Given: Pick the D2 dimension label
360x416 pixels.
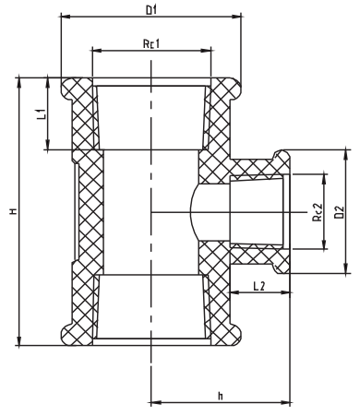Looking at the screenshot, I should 341,210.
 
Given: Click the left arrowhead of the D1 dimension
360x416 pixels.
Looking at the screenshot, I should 63,18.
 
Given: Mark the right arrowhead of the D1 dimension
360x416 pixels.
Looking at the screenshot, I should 240,18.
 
